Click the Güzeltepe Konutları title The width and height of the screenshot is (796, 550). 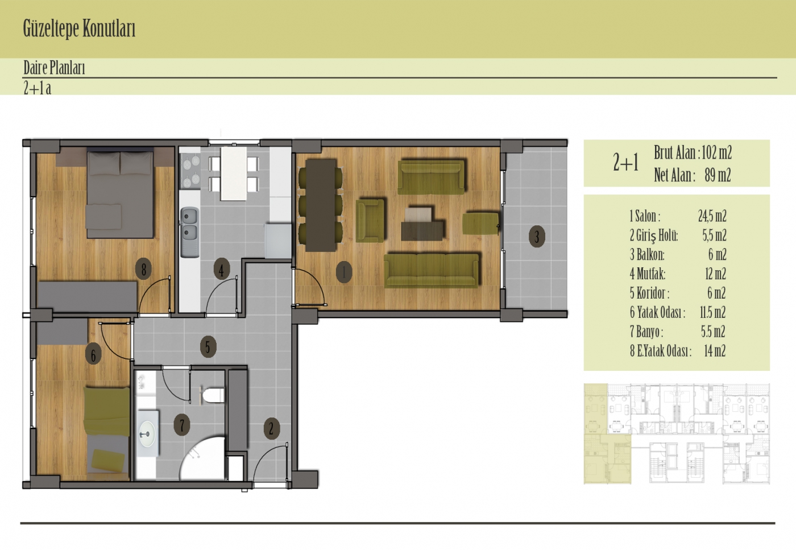[79, 28]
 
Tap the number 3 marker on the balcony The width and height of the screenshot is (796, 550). [537, 237]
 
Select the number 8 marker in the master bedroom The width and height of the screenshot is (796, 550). [143, 269]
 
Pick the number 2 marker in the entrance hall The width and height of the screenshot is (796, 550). [272, 428]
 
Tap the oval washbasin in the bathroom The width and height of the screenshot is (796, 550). [147, 434]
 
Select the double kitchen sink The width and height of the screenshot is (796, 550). [190, 232]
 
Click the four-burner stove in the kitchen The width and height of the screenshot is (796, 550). [191, 171]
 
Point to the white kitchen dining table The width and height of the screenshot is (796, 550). [234, 173]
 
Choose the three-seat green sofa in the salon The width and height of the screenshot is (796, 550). [432, 270]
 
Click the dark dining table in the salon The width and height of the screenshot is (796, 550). [321, 205]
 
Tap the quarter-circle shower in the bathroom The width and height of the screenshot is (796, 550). [202, 458]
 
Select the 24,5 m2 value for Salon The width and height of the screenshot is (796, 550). [712, 216]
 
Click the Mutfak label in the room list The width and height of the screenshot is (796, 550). [648, 274]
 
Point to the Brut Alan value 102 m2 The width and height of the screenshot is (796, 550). [717, 152]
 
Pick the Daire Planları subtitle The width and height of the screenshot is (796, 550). [54, 68]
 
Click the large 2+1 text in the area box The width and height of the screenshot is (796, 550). [626, 163]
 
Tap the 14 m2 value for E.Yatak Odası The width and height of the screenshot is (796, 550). [715, 351]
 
